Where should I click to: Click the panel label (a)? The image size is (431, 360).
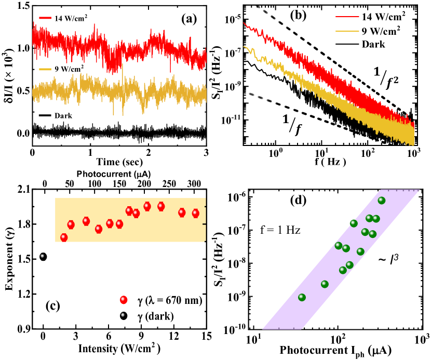pos(186,20)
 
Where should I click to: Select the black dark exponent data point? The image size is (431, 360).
pos(43,257)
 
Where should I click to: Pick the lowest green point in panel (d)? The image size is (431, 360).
pos(302,297)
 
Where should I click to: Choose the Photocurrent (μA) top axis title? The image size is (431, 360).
pos(119,175)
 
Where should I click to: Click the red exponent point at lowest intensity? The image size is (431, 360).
pos(64,237)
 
